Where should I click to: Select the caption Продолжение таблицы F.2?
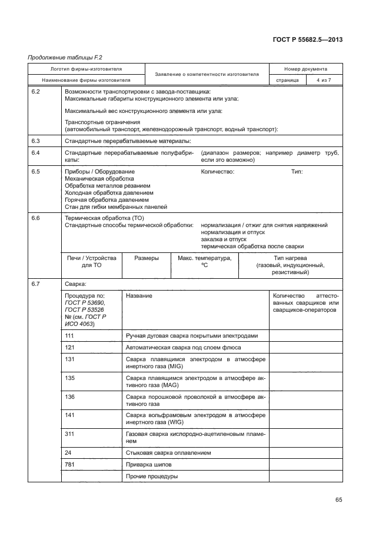tap(58, 57)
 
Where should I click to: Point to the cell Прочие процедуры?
tap(152, 476)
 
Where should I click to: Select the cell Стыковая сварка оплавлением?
tap(168, 453)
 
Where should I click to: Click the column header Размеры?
tap(146, 258)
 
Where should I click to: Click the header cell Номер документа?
tap(305, 69)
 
